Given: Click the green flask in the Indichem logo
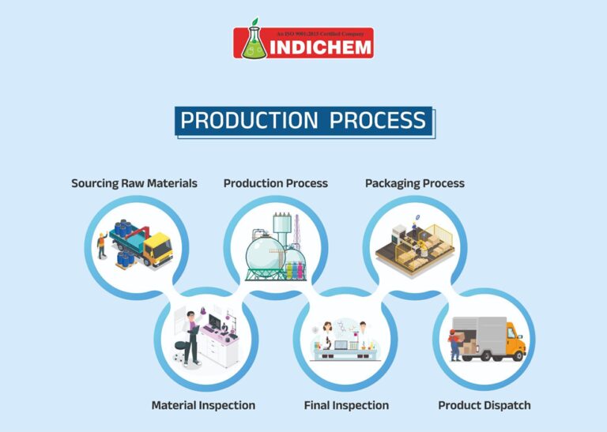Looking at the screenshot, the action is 254,43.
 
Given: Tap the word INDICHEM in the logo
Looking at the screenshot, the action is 321,47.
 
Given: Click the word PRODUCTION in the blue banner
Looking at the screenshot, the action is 249,120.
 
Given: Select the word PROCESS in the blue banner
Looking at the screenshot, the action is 378,120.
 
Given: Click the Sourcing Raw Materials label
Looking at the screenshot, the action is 134,183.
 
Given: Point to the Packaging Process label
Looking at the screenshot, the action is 415,183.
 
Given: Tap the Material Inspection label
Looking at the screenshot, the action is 203,405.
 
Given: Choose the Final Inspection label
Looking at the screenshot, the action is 346,405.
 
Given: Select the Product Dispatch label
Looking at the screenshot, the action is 484,405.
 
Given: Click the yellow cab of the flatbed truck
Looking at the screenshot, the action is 159,248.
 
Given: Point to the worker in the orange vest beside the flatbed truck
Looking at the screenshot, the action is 102,245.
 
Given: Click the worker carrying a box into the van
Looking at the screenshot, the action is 454,344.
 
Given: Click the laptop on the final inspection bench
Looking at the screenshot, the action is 341,345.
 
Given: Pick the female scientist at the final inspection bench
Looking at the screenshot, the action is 327,336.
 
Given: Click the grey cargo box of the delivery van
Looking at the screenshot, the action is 480,336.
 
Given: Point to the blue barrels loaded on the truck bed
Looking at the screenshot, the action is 123,227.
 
